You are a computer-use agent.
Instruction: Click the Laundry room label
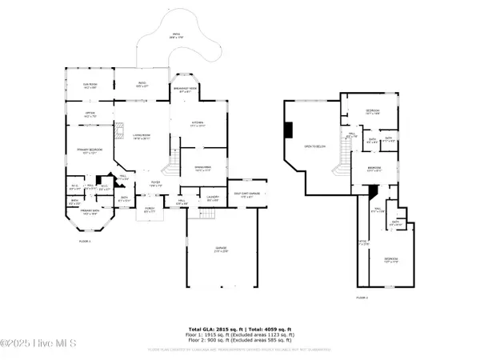(x=213, y=197)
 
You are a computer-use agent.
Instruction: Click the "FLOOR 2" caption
(x=362, y=298)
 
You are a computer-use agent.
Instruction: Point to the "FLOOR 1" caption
(x=84, y=240)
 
